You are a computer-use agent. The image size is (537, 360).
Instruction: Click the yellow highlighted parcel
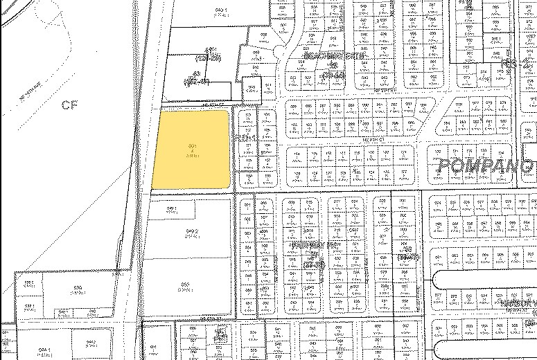191,149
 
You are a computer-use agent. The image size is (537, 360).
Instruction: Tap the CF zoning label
67,105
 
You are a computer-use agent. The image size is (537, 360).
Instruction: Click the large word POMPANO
485,167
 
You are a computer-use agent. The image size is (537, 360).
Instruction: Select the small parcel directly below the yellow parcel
172,208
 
